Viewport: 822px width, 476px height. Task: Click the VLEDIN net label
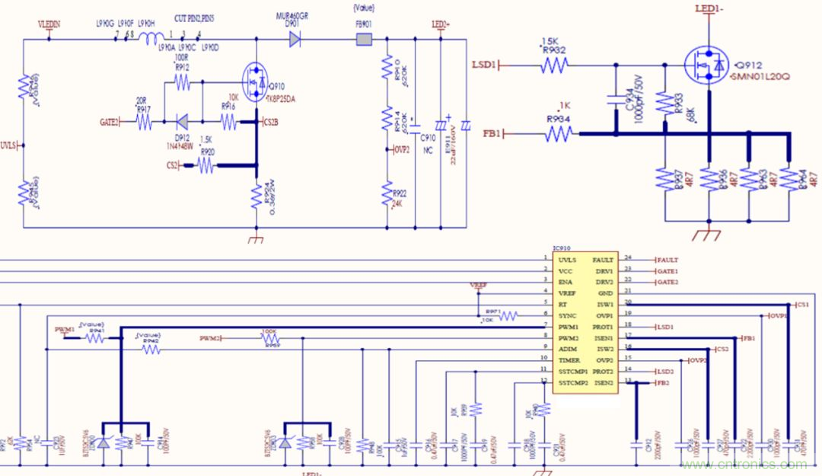tap(49, 24)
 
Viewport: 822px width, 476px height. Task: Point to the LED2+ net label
tap(441, 24)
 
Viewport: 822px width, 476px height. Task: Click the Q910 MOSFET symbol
tap(254, 78)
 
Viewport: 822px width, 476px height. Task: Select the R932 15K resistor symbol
tap(554, 65)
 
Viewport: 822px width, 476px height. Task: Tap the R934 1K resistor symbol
tap(559, 134)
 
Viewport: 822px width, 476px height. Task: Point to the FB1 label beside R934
tap(492, 134)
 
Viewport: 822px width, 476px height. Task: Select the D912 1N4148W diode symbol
tap(182, 120)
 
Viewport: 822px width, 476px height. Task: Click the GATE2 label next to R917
tap(109, 121)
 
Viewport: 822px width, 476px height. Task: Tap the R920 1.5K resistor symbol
tap(205, 164)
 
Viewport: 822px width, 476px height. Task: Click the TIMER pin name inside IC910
tap(569, 359)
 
